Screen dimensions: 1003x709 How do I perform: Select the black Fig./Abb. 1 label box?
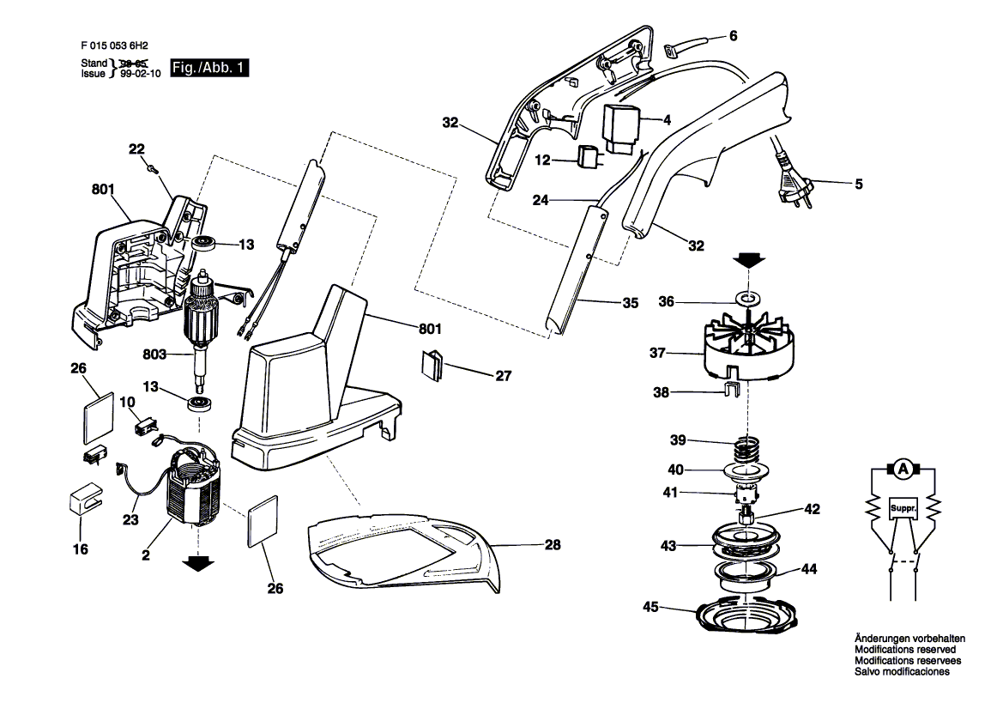[x=209, y=68]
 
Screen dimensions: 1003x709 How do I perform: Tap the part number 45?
[x=650, y=607]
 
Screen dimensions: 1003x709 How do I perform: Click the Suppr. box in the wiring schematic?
[x=903, y=509]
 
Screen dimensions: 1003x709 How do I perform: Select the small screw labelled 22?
[x=152, y=168]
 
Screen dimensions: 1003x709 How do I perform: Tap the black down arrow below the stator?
[x=198, y=563]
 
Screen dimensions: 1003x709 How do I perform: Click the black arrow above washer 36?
[x=748, y=259]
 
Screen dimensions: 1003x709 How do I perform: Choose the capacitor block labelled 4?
[x=621, y=129]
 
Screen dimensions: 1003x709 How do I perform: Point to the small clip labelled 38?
[x=732, y=390]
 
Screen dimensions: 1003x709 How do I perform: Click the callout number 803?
[x=154, y=354]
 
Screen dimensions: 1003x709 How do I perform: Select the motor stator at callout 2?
[x=192, y=489]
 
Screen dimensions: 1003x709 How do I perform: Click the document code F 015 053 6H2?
[x=114, y=46]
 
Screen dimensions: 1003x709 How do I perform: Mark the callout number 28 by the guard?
[x=553, y=544]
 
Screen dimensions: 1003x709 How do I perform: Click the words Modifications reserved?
[x=905, y=650]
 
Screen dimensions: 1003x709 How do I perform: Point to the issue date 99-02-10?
[x=141, y=74]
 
